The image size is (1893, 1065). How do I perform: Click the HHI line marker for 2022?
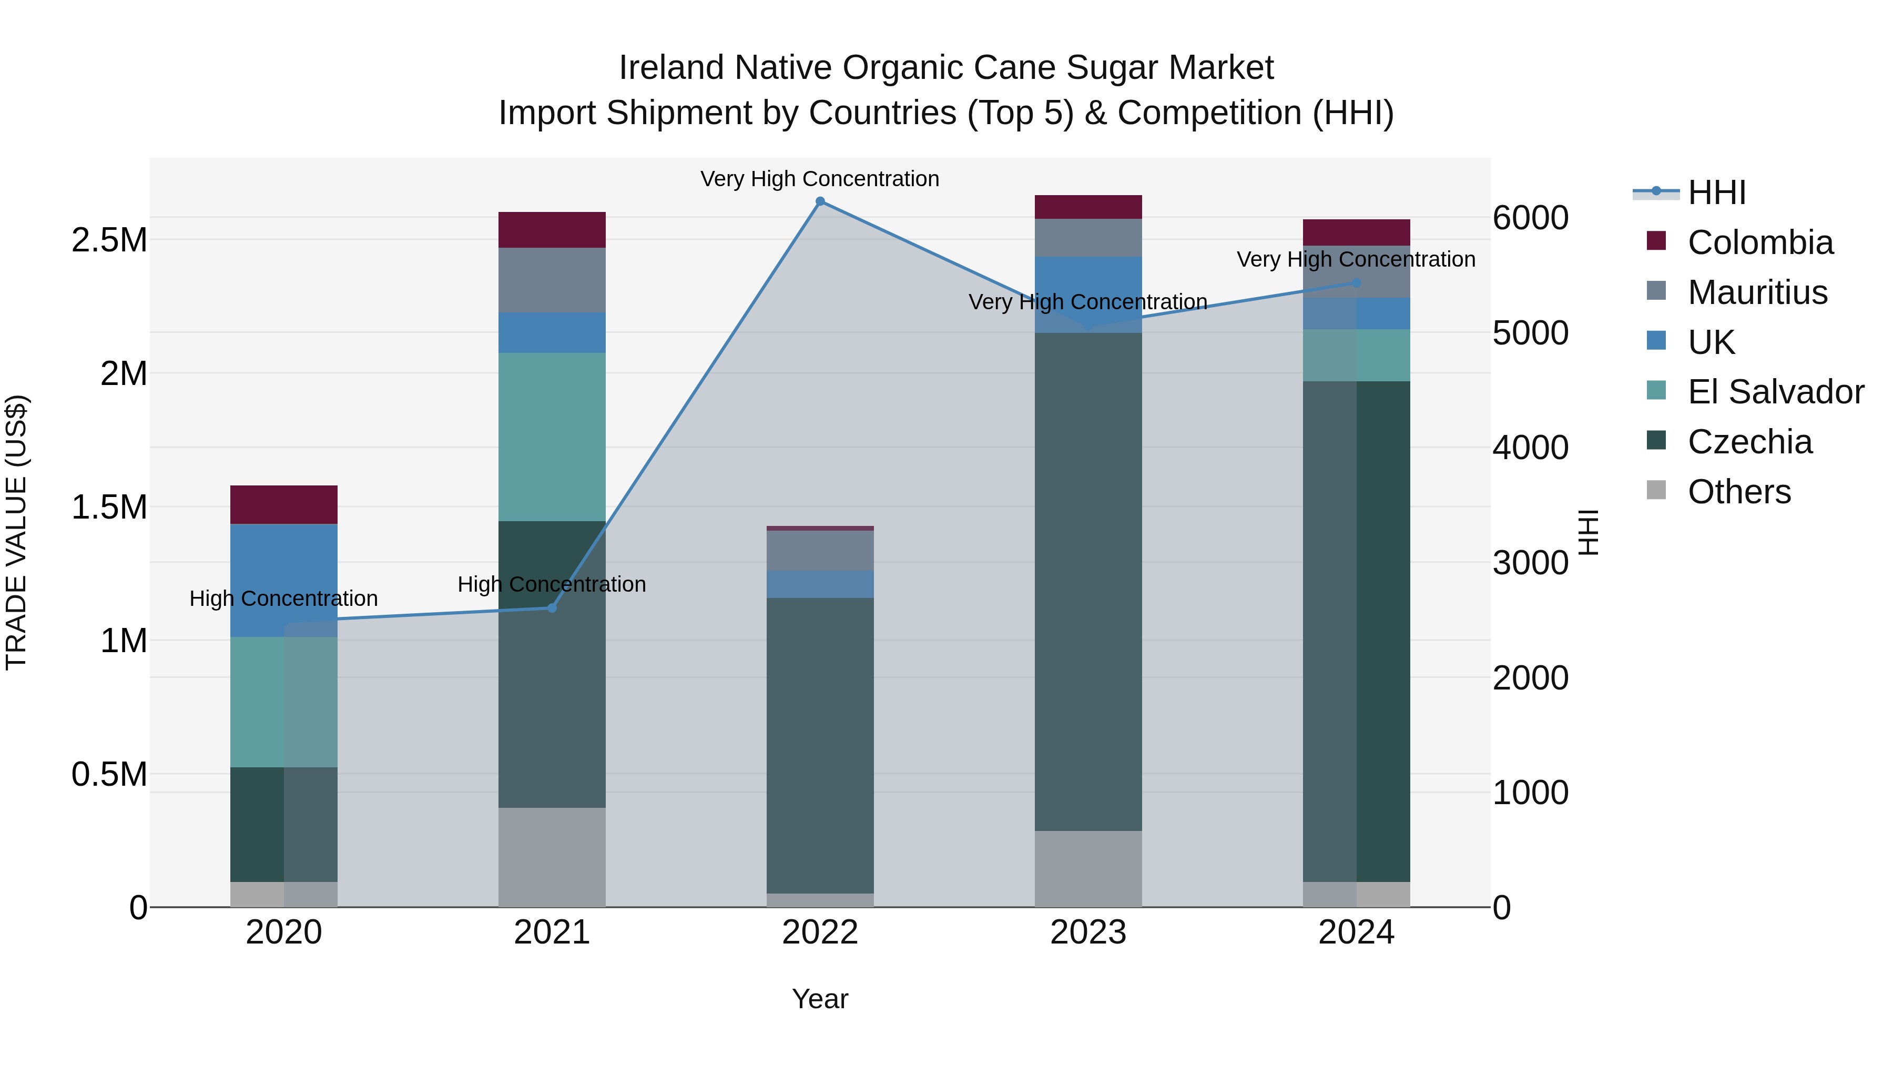pyautogui.click(x=820, y=201)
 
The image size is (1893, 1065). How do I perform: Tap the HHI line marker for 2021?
pyautogui.click(x=552, y=608)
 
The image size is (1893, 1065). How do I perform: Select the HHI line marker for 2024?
pyautogui.click(x=1357, y=282)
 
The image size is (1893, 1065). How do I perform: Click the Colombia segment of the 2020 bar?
pyautogui.click(x=283, y=504)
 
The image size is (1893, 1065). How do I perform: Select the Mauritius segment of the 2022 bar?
pyautogui.click(x=820, y=551)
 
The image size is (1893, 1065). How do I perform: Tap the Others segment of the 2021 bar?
pyautogui.click(x=552, y=857)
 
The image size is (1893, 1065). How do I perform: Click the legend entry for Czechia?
pyautogui.click(x=1749, y=442)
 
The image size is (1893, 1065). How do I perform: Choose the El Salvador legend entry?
pyautogui.click(x=1775, y=392)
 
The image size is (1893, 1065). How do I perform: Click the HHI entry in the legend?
pyautogui.click(x=1716, y=192)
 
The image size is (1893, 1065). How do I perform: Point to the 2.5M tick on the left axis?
pyautogui.click(x=109, y=240)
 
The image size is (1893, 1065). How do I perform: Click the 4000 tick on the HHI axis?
pyautogui.click(x=1531, y=448)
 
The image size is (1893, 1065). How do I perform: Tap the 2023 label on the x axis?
pyautogui.click(x=1088, y=932)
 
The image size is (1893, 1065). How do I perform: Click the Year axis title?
pyautogui.click(x=820, y=999)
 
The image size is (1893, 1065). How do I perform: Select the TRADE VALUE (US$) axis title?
pyautogui.click(x=16, y=532)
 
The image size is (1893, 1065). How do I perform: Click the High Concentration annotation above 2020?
pyautogui.click(x=283, y=599)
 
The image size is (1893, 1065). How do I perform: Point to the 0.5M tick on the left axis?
pyautogui.click(x=109, y=775)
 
